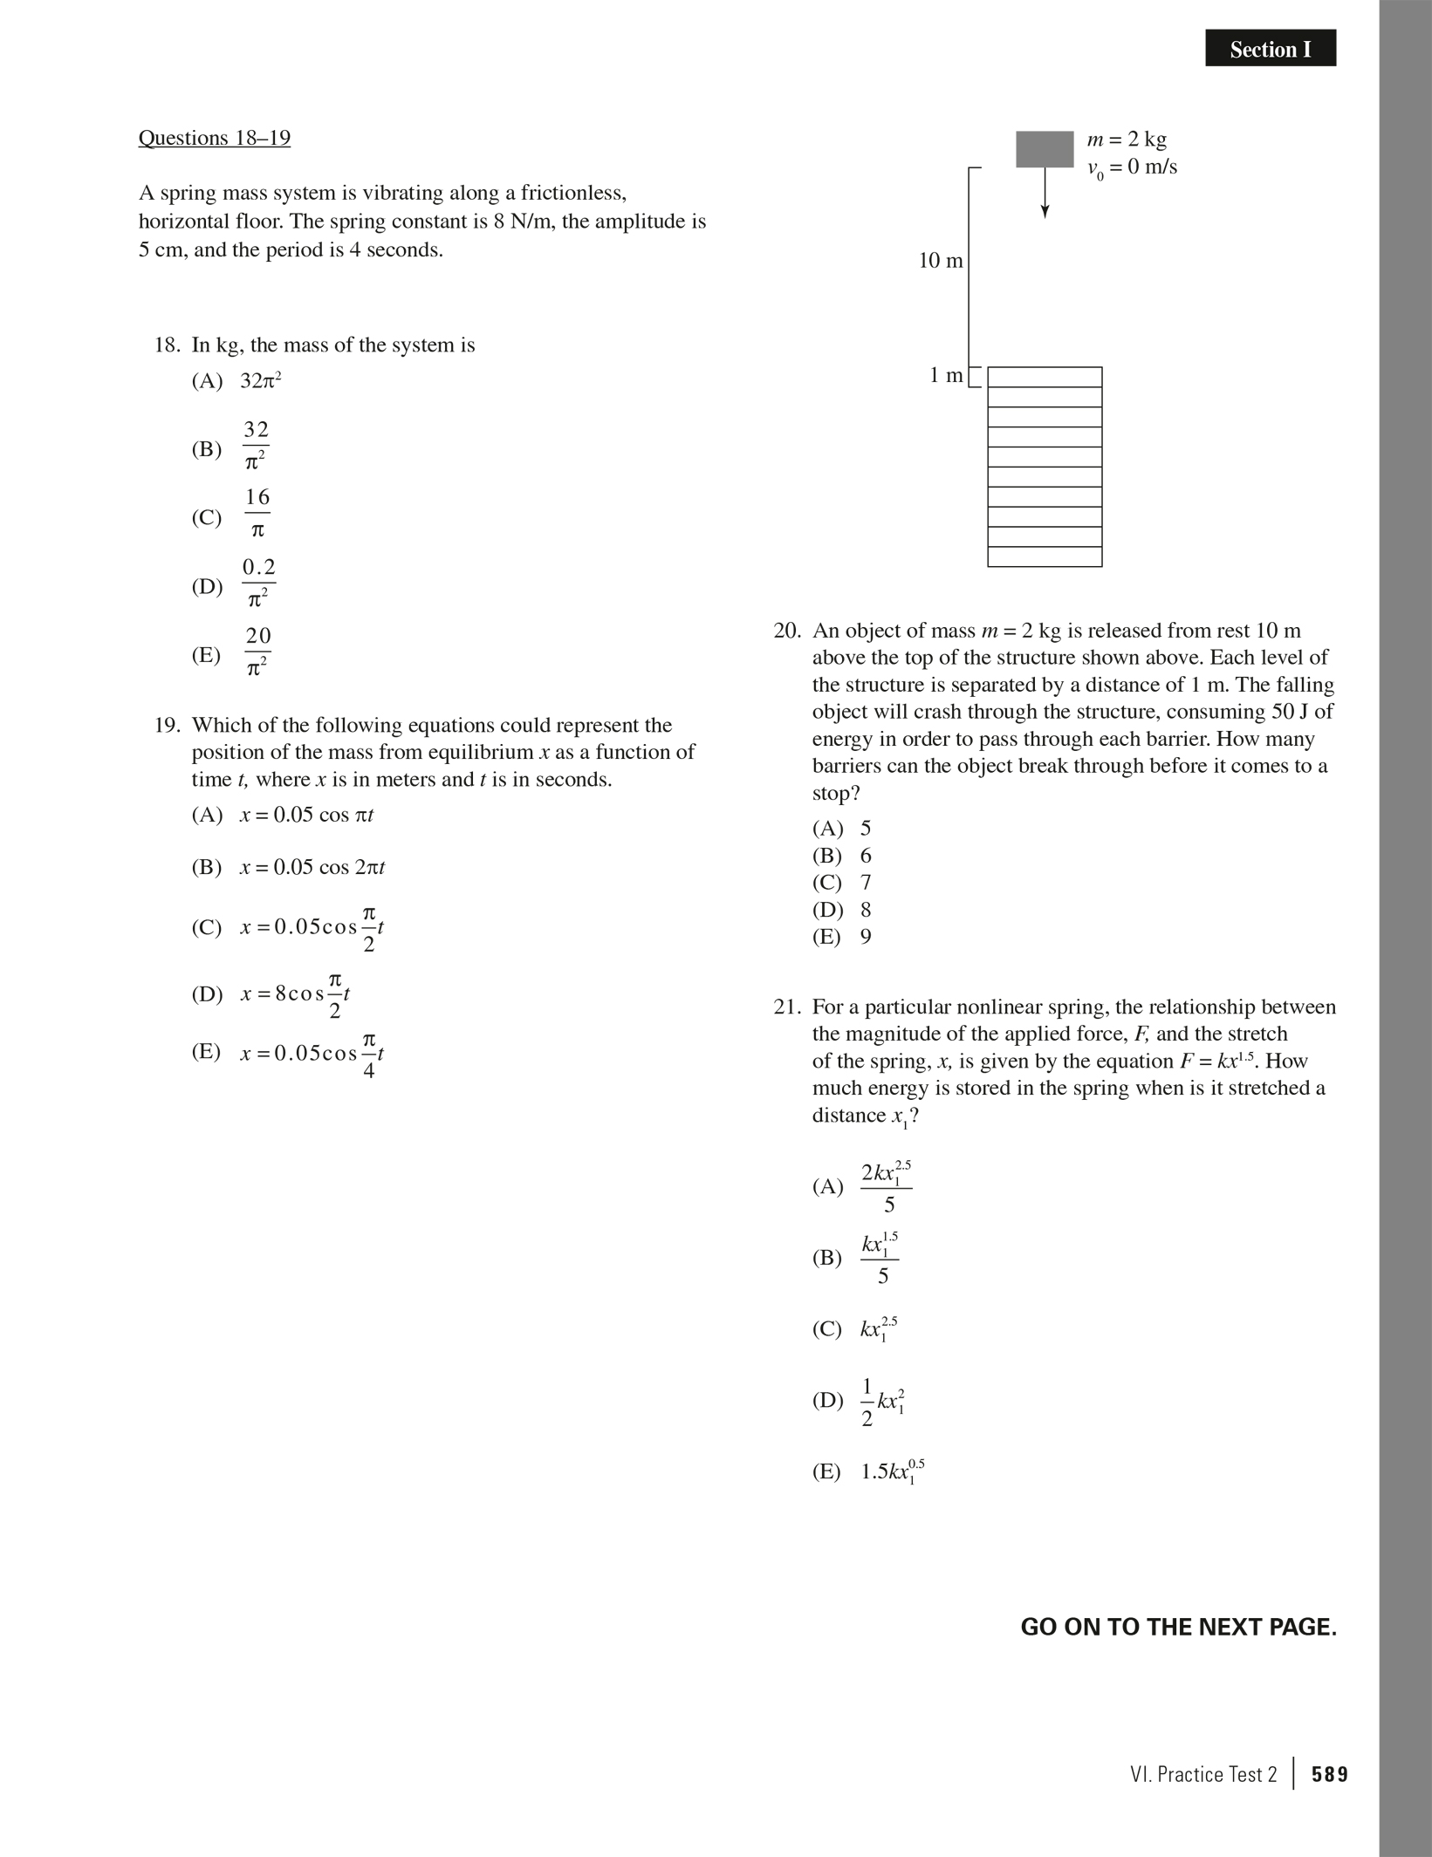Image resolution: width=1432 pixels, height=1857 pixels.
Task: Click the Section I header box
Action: [x=1270, y=49]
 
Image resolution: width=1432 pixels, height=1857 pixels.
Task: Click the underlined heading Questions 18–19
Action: [x=214, y=138]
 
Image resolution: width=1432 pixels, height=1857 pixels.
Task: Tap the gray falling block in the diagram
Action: [x=1044, y=149]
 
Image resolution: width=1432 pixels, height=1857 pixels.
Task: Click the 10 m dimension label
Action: [x=940, y=261]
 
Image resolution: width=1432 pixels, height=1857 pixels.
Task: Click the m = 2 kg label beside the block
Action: [x=1126, y=140]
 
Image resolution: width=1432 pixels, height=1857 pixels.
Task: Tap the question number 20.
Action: [x=785, y=631]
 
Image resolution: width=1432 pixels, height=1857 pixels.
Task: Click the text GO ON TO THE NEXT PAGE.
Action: [x=1178, y=1627]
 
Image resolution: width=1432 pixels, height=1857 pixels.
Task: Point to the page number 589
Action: [x=1329, y=1774]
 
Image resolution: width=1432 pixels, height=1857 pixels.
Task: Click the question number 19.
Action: [x=166, y=726]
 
